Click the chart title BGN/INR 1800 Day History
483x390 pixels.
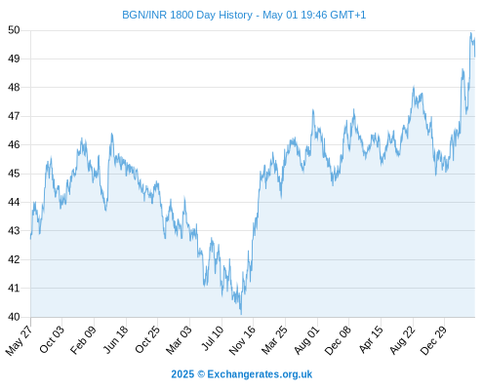coord(187,15)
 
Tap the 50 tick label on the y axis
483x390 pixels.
coord(14,30)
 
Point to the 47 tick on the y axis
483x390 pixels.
coord(14,116)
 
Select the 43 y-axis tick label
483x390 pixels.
coord(14,231)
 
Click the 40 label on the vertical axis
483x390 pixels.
coord(14,317)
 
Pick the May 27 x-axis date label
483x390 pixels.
coord(20,340)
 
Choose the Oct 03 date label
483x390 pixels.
coord(52,339)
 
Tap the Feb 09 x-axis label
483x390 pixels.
coord(84,339)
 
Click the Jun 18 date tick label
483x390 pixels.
coord(116,339)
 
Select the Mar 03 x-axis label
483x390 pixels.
coord(180,339)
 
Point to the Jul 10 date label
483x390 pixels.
coord(213,338)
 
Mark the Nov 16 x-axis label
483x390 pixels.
coord(242,340)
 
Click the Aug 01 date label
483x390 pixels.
coord(307,340)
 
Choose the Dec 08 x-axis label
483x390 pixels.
coord(339,340)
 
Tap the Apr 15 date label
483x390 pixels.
coord(371,339)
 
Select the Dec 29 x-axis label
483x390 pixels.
coord(434,340)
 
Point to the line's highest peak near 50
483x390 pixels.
coord(470,33)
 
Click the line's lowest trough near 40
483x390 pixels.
coord(241,314)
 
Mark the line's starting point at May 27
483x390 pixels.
coord(31,239)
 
